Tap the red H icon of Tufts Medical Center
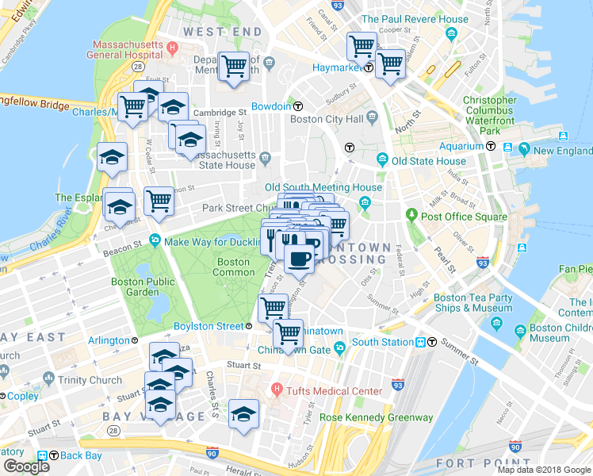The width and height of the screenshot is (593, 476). [277, 390]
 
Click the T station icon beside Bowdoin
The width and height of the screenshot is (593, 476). [298, 107]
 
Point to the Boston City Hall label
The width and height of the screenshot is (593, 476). [327, 120]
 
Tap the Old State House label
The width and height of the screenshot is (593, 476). [428, 161]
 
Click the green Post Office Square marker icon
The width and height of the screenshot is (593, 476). [411, 215]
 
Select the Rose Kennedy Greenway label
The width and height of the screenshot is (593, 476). [376, 417]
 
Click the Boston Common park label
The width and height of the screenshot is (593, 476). [233, 267]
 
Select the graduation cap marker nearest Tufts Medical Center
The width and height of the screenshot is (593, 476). [243, 414]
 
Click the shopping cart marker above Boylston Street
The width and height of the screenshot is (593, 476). [274, 306]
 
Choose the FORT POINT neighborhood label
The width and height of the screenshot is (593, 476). [543, 463]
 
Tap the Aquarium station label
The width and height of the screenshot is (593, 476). [462, 146]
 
